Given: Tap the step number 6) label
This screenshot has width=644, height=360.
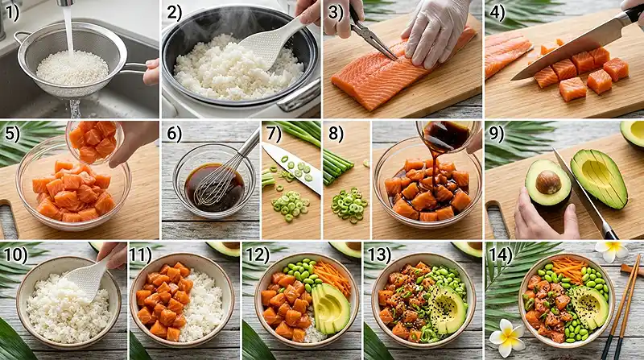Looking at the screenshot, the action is click(174, 134).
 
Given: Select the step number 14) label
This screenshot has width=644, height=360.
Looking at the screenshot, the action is click(500, 255).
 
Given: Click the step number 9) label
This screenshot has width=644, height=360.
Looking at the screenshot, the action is click(497, 134).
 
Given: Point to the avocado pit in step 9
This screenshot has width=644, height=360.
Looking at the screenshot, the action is click(548, 182).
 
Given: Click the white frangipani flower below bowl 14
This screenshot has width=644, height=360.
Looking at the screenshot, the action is click(507, 337).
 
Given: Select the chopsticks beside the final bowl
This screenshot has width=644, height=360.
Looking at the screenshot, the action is click(621, 306).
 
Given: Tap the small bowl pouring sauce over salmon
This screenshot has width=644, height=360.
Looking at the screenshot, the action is click(448, 135).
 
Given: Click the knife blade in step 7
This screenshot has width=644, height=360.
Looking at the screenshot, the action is click(292, 168).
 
